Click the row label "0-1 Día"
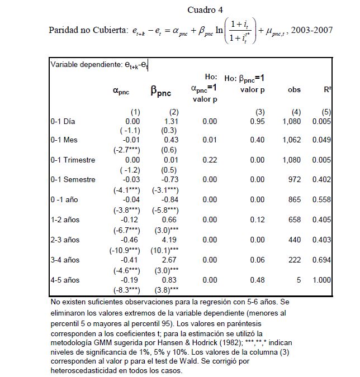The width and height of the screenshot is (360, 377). pos(63,121)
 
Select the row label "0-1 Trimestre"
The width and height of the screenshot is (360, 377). pos(73,160)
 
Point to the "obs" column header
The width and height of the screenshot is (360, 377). pos(294,90)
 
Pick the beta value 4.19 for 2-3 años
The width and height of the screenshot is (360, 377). pos(171,240)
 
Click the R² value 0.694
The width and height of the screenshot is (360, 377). pos(322,260)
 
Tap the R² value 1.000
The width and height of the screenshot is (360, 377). pos(322,280)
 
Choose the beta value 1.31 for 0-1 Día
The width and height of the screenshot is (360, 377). pos(171,121)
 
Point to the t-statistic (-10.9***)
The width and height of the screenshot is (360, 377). pos(126,250)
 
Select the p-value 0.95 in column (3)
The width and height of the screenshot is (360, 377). pos(257,121)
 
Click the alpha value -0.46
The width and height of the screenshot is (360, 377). pos(132,240)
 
